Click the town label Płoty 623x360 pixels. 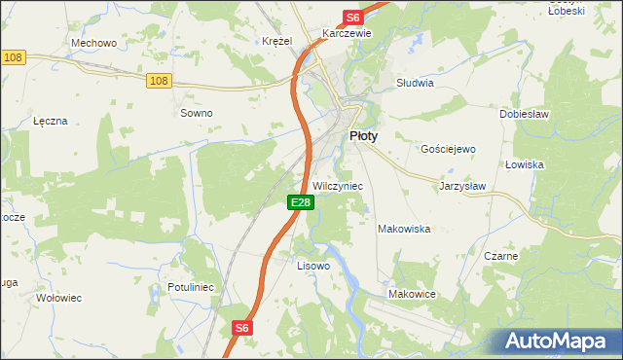click(x=363, y=137)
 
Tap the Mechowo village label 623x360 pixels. click(x=94, y=43)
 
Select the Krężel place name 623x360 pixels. click(x=277, y=41)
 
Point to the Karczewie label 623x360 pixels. click(x=348, y=32)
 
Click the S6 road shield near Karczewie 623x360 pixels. click(x=352, y=18)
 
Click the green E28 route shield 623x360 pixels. click(x=301, y=202)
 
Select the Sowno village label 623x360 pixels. click(x=196, y=113)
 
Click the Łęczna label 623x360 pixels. click(x=50, y=121)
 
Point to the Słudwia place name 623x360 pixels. click(x=415, y=83)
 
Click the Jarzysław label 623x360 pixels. click(x=462, y=185)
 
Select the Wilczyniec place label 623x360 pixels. click(x=338, y=185)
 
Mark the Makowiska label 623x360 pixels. click(x=404, y=229)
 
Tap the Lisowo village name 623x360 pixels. click(x=313, y=265)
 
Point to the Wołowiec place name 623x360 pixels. click(x=56, y=298)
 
